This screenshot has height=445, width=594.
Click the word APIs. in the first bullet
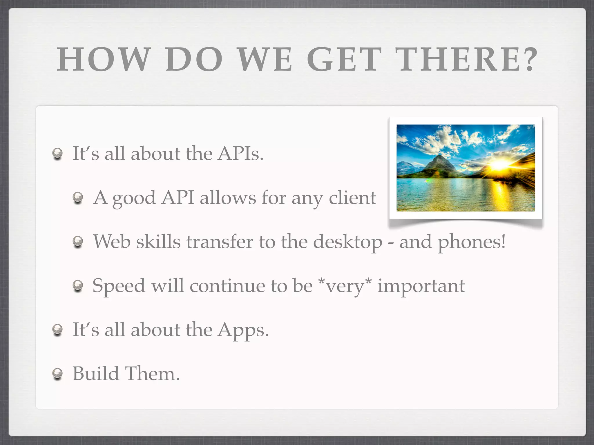[240, 153]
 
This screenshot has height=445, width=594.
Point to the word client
[352, 198]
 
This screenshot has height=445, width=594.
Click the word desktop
[348, 242]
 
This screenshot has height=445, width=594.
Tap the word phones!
[471, 242]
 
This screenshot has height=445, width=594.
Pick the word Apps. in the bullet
[243, 330]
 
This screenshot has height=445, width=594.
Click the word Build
[96, 373]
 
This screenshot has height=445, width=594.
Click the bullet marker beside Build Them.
[57, 373]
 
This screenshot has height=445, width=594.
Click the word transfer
[220, 242]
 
